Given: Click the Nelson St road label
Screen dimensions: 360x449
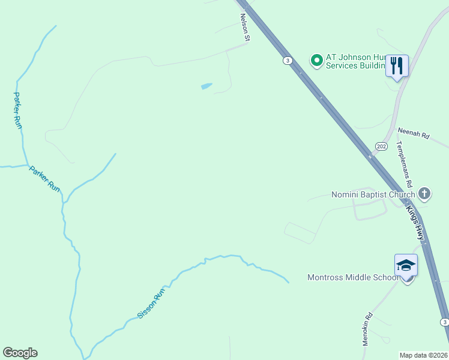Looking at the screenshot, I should (x=244, y=28).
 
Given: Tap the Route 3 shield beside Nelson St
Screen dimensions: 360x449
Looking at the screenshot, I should (x=288, y=61).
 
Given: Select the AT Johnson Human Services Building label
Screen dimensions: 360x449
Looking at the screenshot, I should (x=354, y=61).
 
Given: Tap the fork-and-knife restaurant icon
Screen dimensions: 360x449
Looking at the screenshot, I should (x=396, y=65).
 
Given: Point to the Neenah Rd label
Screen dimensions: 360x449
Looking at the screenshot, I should (x=414, y=133).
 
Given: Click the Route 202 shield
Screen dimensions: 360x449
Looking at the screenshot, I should (x=381, y=146).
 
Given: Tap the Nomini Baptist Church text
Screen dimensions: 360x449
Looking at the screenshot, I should (x=373, y=194).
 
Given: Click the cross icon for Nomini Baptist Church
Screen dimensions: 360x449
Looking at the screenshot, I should (x=424, y=193).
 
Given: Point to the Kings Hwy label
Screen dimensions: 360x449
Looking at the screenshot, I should (x=415, y=221).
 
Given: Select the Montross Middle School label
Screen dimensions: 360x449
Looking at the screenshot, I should (x=352, y=277).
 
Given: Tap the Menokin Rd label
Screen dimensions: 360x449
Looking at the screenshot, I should (x=367, y=329).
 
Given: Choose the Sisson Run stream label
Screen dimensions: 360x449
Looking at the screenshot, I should (x=151, y=304).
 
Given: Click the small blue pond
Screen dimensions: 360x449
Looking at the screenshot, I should (x=206, y=86).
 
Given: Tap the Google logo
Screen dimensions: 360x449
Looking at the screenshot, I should (x=20, y=353).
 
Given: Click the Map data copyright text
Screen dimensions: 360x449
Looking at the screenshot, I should (x=423, y=355).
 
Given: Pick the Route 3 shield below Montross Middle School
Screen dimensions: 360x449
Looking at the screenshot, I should (x=444, y=322).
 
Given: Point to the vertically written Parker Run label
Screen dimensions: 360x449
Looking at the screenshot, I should (x=17, y=110).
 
